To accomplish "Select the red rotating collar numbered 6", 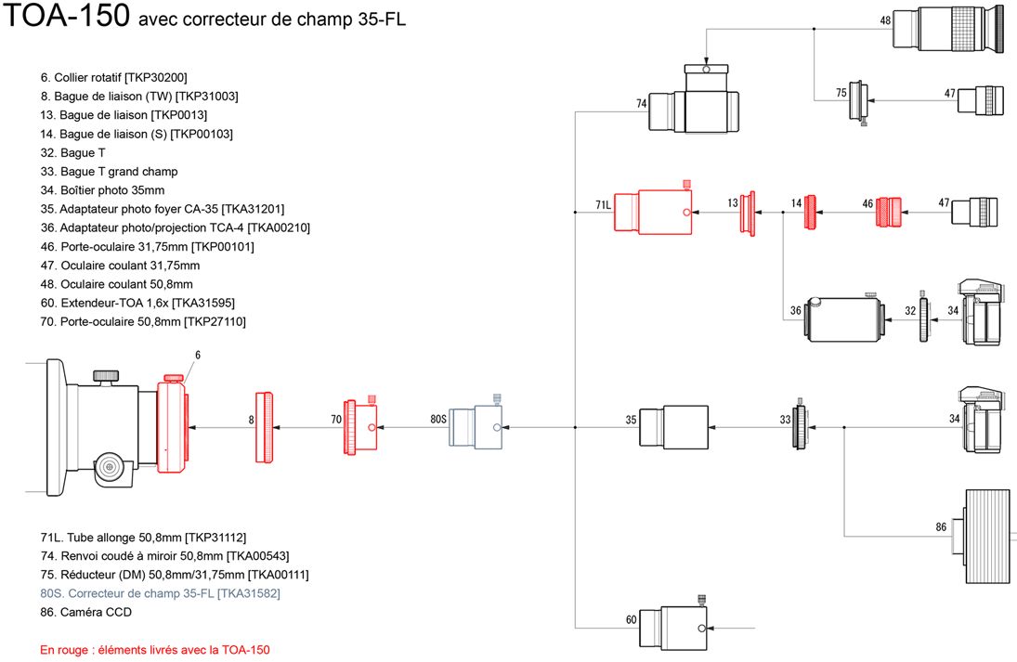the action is (173, 427).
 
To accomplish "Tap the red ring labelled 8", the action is (264, 427).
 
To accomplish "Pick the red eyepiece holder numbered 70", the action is (360, 426).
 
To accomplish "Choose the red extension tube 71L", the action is (653, 210).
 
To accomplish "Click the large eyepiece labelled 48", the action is (946, 29).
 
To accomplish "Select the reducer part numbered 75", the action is (859, 101).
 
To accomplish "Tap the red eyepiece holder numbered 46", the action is (889, 212).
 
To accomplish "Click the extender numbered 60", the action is (673, 624).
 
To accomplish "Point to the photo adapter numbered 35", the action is (674, 427).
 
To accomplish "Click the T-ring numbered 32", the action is (923, 317).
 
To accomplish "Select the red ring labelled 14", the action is (810, 212).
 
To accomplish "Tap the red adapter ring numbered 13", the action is (748, 213).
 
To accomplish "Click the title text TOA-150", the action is (66, 15).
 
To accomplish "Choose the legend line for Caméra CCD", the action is (85, 612).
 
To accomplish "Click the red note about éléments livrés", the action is (155, 650).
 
